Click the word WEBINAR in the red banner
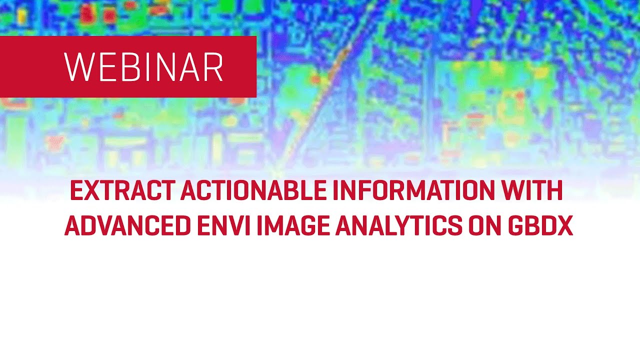tap(143, 67)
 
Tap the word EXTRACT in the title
tap(122, 190)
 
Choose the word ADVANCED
tap(127, 226)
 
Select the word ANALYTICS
tap(398, 226)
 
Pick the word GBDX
tap(540, 226)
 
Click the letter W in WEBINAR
tap(75, 67)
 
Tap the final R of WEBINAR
tap(213, 67)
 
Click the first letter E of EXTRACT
tap(76, 190)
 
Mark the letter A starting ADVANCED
tap(73, 226)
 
